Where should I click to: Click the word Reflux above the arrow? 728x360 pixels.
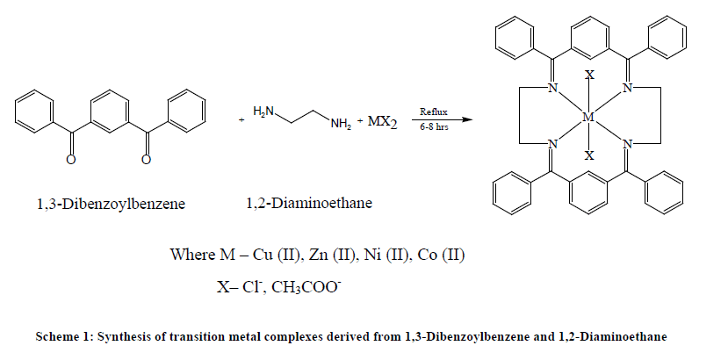(x=434, y=112)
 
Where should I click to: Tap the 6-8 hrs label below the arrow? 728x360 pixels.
(x=434, y=128)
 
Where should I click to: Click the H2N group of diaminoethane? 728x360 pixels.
(x=263, y=112)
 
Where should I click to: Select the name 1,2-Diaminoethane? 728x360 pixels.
(x=309, y=204)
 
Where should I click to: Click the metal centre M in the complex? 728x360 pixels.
(x=588, y=116)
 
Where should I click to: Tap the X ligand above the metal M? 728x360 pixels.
(x=589, y=76)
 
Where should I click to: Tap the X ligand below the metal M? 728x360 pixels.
(x=589, y=155)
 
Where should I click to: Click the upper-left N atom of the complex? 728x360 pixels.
(x=551, y=88)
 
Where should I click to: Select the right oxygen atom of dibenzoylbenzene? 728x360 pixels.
(x=146, y=159)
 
